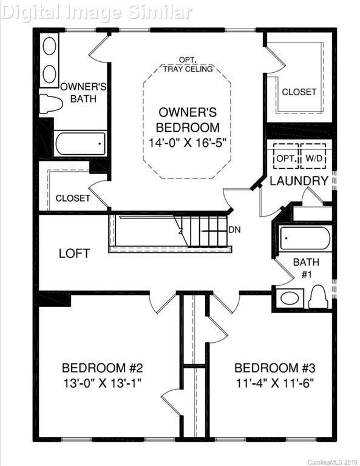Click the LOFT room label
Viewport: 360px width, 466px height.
pos(74,253)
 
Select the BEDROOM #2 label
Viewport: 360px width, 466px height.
pos(102,368)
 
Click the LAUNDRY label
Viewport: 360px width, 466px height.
pos(299,181)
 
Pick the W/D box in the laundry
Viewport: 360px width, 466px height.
pos(314,158)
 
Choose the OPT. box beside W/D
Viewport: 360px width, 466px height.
pos(285,158)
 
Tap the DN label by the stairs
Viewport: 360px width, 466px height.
pos(235,230)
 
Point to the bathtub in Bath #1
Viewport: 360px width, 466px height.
pos(304,238)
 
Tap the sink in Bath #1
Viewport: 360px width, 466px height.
pos(289,298)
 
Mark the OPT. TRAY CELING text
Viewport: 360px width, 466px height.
pos(188,64)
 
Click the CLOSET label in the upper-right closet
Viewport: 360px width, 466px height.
pos(299,92)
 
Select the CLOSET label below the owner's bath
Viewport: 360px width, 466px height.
pos(73,198)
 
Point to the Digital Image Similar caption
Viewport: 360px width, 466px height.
pos(97,12)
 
